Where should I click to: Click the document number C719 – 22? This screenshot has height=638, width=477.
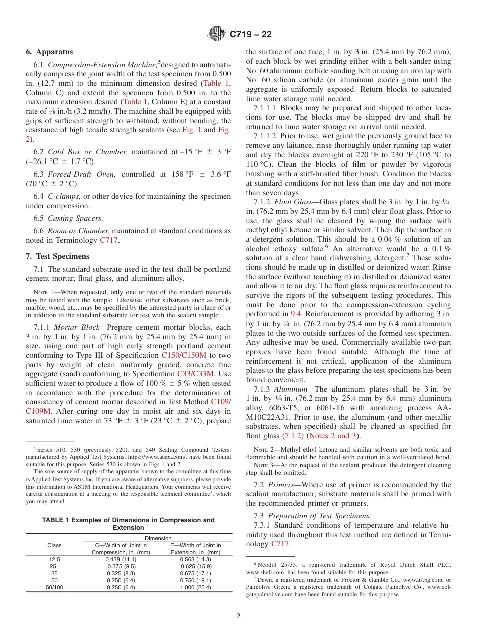251,34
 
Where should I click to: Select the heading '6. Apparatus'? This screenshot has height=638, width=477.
49,52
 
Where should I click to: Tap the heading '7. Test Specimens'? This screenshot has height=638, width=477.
58,256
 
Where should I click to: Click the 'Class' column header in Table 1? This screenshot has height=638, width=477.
54,545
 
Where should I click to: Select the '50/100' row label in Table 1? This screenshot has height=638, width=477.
54,587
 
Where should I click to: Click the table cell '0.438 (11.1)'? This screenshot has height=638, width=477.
121,559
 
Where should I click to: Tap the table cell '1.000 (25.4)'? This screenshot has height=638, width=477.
196,587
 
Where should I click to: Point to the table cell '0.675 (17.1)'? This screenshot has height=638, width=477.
196,573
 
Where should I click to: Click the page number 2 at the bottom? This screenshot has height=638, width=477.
238,616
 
